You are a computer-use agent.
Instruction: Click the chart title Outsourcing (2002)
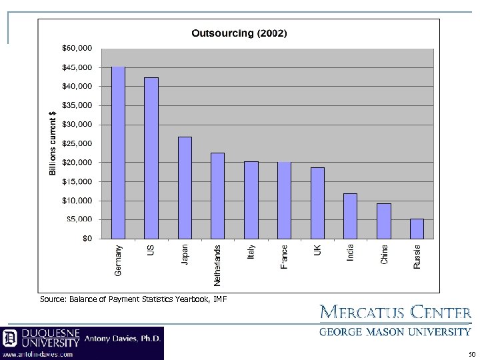[239, 33]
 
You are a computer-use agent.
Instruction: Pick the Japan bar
[185, 187]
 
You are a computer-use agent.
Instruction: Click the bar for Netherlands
[217, 195]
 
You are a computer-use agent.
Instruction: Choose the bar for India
[350, 215]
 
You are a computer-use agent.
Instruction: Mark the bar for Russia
[417, 228]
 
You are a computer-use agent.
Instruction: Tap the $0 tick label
[87, 239]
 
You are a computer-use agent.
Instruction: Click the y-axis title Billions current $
[53, 143]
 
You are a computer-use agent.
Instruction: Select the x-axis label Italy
[251, 252]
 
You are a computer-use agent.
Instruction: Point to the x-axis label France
[285, 257]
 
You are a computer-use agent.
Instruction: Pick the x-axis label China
[384, 253]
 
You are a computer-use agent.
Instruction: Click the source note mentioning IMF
[133, 299]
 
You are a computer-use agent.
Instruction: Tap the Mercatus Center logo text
[396, 313]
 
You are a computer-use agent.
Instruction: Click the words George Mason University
[396, 331]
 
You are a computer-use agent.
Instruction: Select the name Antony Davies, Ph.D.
[122, 338]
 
